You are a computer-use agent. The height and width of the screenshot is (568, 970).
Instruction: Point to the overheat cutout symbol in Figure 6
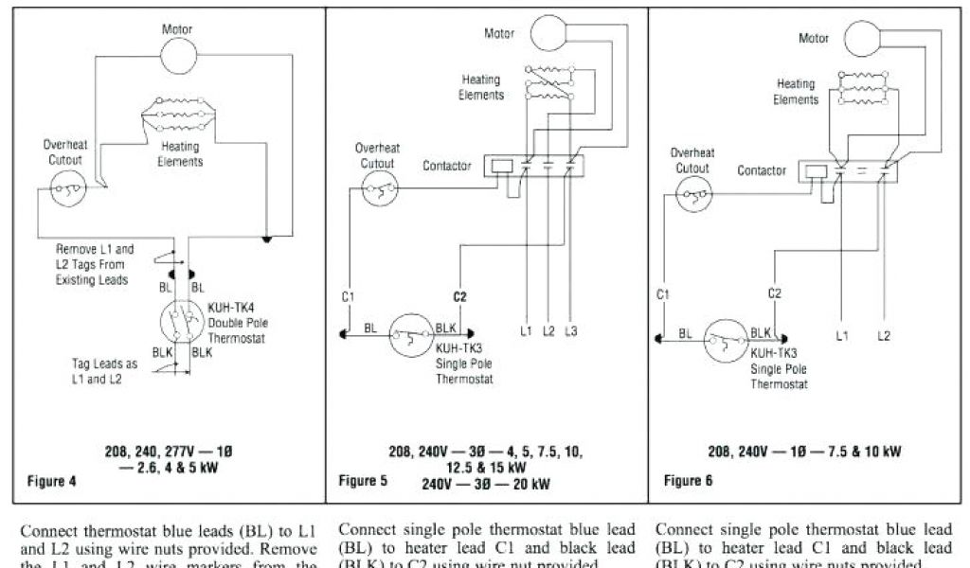click(x=692, y=199)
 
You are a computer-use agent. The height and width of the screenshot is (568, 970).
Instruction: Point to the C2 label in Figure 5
click(x=459, y=297)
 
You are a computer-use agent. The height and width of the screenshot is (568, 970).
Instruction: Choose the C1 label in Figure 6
click(x=663, y=294)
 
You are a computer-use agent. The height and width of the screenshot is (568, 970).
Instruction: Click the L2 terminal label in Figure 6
click(x=884, y=335)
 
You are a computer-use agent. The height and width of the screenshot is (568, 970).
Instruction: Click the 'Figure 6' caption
click(x=689, y=481)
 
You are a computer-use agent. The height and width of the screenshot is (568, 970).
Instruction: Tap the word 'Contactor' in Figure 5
click(x=447, y=167)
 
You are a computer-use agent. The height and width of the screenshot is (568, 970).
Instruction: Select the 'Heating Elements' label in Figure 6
click(x=796, y=92)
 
